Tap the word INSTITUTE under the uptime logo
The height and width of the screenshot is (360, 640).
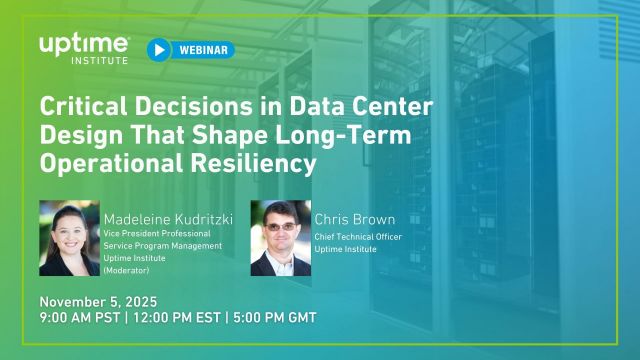pos(99,59)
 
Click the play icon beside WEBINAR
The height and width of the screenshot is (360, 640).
pos(159,50)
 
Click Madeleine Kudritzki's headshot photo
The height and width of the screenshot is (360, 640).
pos(69,238)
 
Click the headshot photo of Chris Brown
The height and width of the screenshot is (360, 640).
pos(279,238)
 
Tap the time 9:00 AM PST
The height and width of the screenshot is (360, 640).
pos(79,318)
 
